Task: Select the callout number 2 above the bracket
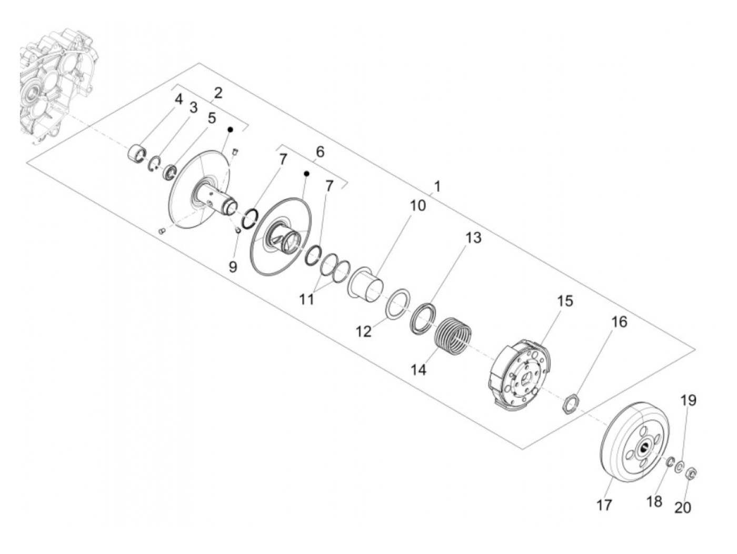tap(217, 93)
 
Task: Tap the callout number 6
tap(320, 152)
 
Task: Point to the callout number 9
tap(233, 267)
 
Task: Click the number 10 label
tap(417, 205)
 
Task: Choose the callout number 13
tap(473, 238)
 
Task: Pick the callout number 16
tap(619, 321)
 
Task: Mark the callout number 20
tap(683, 507)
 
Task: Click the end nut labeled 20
tap(692, 473)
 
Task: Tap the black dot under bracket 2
tap(230, 129)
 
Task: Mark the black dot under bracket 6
tap(306, 173)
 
